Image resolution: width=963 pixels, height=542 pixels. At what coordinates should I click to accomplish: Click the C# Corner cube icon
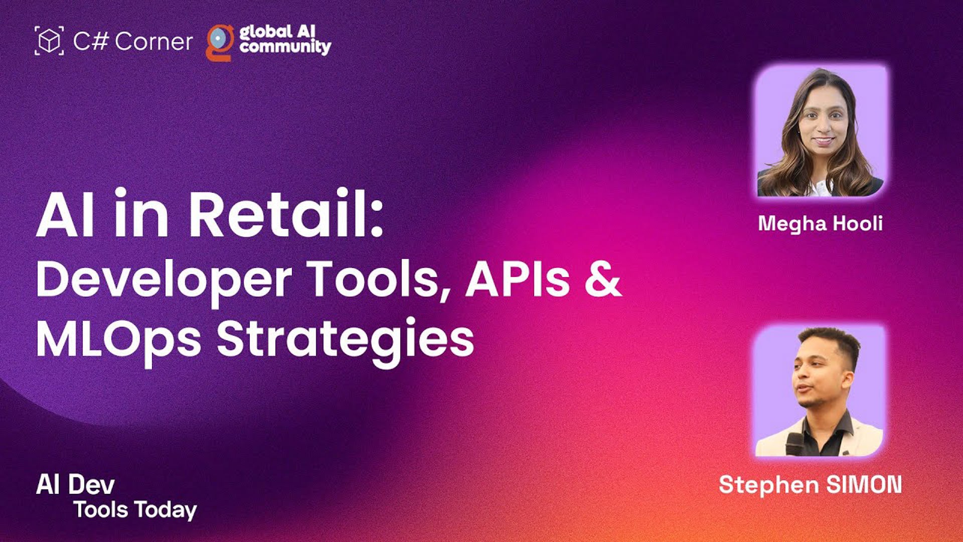pos(49,41)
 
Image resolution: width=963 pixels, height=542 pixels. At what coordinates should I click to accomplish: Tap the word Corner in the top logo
pos(153,41)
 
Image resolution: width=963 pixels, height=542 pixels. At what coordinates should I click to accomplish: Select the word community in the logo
pos(285,47)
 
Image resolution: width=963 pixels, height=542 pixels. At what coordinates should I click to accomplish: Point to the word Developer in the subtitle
pos(164,280)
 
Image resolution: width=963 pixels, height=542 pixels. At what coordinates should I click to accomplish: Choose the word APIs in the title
pos(518,279)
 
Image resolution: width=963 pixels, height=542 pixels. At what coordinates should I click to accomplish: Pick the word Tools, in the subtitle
pos(379,280)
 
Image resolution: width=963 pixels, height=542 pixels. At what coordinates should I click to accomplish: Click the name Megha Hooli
pos(820,224)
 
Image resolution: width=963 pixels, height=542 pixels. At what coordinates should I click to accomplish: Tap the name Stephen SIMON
pos(811,485)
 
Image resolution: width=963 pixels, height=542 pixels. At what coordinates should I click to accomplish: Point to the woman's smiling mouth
pos(823,141)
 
